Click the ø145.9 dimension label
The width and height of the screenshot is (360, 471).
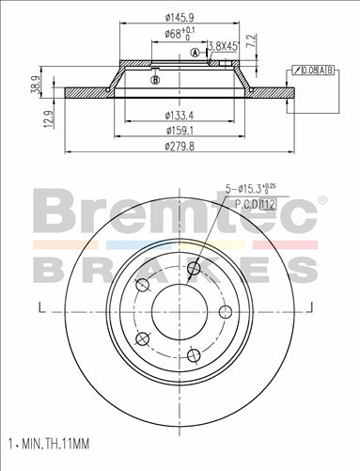pyautogui.click(x=180, y=17)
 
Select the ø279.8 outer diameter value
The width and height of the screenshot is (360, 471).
pyautogui.click(x=181, y=147)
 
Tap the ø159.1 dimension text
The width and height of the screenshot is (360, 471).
pyautogui.click(x=180, y=132)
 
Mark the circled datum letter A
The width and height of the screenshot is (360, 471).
pyautogui.click(x=195, y=54)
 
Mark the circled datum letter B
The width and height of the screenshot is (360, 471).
pyautogui.click(x=154, y=80)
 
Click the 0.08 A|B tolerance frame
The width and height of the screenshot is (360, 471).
pyautogui.click(x=316, y=70)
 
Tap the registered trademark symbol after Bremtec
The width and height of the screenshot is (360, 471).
pyautogui.click(x=323, y=199)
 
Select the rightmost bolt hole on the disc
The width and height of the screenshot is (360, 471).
pyautogui.click(x=225, y=312)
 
